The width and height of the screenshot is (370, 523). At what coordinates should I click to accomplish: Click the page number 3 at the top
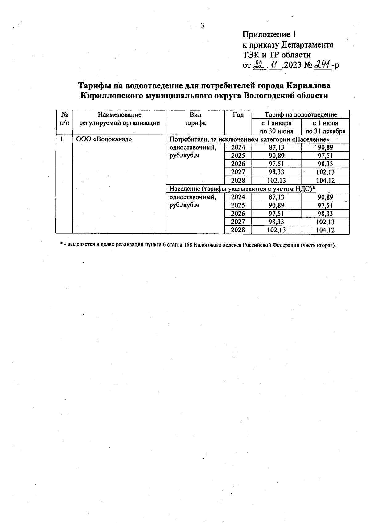203,26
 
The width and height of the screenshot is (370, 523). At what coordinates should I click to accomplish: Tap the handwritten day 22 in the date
258,65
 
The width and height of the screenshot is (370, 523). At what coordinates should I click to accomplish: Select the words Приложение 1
269,34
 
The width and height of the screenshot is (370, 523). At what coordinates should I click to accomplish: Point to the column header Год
238,115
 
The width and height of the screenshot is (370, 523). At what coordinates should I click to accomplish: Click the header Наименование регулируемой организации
119,119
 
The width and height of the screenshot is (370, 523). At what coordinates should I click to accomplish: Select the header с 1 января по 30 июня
276,127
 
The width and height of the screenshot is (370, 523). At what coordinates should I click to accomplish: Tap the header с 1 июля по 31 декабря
325,127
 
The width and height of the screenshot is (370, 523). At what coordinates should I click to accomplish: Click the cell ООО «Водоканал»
104,139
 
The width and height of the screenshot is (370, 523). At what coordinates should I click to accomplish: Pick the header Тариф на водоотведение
301,114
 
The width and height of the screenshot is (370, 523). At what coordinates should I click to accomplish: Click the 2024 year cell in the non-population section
238,147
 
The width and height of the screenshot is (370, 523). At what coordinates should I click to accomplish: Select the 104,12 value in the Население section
325,230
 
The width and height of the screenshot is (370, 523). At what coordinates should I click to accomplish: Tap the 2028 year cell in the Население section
238,230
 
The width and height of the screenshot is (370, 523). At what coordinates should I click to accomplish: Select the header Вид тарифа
195,119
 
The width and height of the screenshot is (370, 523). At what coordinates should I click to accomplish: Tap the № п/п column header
64,119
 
